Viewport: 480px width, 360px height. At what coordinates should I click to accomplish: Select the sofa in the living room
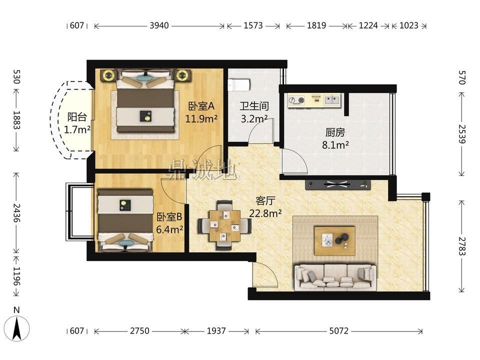(x=335, y=277)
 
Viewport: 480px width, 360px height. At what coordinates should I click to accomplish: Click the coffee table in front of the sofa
(x=334, y=240)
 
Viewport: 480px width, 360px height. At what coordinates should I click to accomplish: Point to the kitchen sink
(x=332, y=100)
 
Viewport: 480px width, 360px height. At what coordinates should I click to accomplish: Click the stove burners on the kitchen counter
(x=296, y=100)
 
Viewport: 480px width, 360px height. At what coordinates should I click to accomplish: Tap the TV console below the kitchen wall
(x=337, y=184)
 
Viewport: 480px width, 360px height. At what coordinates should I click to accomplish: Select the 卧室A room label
(x=201, y=106)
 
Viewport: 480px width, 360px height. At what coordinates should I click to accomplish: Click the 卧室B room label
(x=169, y=217)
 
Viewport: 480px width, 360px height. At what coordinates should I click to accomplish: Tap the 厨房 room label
(x=335, y=132)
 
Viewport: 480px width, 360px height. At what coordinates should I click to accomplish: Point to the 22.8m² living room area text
(x=265, y=213)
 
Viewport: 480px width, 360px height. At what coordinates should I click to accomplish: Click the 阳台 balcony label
(x=77, y=117)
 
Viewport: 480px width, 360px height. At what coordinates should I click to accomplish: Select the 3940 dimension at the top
(x=159, y=25)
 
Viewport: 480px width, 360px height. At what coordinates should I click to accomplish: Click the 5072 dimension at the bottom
(x=339, y=330)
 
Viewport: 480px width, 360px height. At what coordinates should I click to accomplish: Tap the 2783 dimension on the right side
(x=462, y=246)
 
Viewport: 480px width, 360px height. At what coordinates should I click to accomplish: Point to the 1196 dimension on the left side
(x=16, y=276)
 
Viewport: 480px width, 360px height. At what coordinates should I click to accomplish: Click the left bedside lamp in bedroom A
(x=108, y=74)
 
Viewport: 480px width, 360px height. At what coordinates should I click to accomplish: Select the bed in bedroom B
(x=125, y=220)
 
